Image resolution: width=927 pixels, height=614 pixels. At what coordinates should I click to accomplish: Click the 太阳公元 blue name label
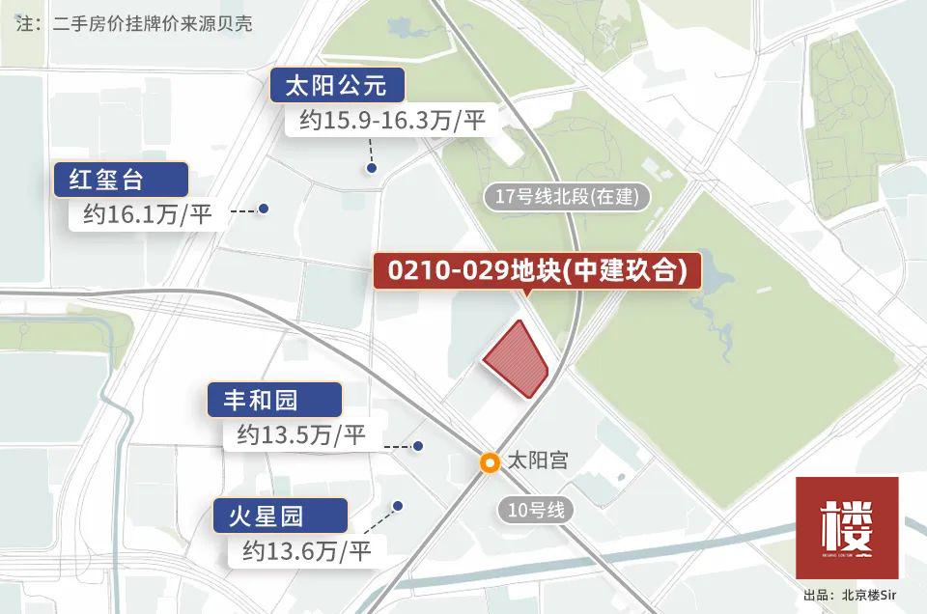(336, 86)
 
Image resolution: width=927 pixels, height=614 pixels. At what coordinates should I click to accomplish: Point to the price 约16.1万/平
(147, 213)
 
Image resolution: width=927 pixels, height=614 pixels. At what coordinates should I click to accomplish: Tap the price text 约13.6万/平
(307, 551)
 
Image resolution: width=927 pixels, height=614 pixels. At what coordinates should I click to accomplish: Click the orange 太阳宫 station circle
(491, 462)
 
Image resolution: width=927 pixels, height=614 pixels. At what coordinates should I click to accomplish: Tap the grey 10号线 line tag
(535, 511)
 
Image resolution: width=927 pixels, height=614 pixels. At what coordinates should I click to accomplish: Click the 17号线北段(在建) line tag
(567, 197)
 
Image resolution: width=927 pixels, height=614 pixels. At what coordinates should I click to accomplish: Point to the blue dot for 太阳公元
(371, 169)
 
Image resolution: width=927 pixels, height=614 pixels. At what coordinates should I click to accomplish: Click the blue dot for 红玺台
(262, 209)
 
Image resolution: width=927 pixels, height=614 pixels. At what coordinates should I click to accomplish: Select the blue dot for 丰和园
(418, 446)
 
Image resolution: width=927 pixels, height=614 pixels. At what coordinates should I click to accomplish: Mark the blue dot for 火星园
(397, 506)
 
